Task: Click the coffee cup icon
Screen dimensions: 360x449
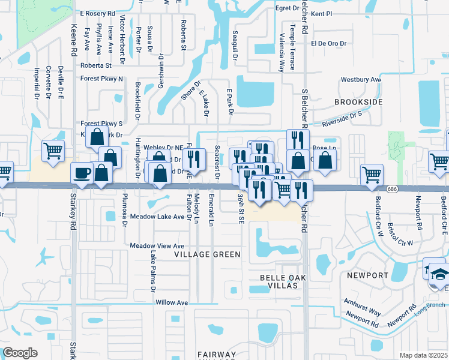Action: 82,173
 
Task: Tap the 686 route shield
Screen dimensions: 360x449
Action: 392,188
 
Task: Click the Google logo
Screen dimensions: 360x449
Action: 20,353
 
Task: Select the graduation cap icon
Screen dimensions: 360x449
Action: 441,274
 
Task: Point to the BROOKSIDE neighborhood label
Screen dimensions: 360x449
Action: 358,103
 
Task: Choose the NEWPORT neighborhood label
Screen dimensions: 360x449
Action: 368,275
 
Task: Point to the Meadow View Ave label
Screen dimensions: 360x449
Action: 157,246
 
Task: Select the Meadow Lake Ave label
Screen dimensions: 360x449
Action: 157,217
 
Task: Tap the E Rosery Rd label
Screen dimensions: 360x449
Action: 101,13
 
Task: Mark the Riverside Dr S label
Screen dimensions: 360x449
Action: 342,118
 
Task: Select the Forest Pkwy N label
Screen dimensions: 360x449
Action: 102,79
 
